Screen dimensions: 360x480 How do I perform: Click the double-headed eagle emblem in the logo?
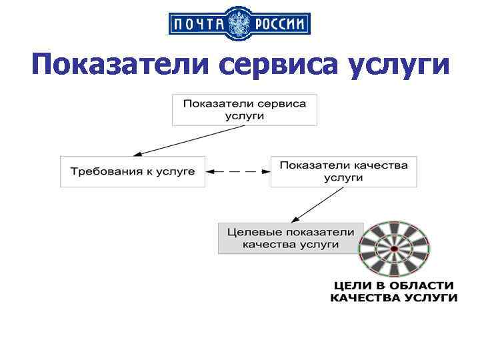[x=239, y=25]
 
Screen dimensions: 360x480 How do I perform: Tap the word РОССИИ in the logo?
[x=279, y=25]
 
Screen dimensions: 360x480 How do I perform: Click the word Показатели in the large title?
[x=121, y=66]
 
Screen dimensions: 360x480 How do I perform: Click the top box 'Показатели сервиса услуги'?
[x=244, y=109]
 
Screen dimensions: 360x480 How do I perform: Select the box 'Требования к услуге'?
[x=133, y=171]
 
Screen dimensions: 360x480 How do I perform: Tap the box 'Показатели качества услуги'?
[x=343, y=171]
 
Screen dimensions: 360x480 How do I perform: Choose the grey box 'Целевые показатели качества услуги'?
[x=291, y=238]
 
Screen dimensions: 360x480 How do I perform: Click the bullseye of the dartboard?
[x=394, y=249]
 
